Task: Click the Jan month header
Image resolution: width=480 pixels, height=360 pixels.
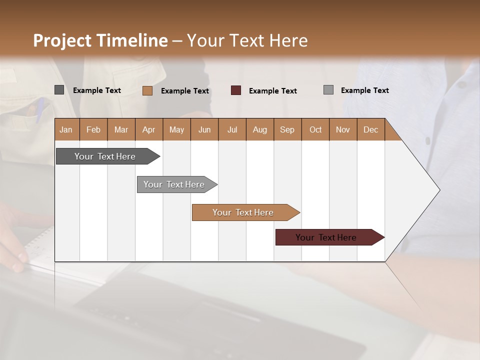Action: pyautogui.click(x=66, y=130)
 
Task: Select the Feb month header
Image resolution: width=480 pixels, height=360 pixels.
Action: pyautogui.click(x=93, y=130)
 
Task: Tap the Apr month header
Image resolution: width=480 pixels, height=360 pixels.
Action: pyautogui.click(x=148, y=130)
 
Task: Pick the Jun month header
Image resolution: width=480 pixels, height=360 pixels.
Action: pyautogui.click(x=204, y=130)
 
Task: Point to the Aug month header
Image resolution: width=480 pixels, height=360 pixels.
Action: pyautogui.click(x=259, y=130)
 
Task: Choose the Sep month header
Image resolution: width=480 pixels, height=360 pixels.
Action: pyautogui.click(x=287, y=130)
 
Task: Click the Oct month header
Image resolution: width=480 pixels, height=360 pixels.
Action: pyautogui.click(x=315, y=130)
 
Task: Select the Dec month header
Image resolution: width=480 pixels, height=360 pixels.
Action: pyautogui.click(x=370, y=130)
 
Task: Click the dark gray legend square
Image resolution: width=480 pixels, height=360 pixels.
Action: pyautogui.click(x=59, y=90)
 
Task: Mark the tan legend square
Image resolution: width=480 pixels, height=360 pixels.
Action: pyautogui.click(x=147, y=90)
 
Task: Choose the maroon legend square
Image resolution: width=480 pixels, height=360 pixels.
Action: pyautogui.click(x=236, y=90)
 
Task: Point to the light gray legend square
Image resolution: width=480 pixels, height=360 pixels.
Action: pyautogui.click(x=328, y=90)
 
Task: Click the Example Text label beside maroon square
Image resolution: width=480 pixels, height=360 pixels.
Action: pyautogui.click(x=272, y=91)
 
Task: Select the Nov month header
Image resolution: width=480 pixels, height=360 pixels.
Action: pyautogui.click(x=343, y=130)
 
